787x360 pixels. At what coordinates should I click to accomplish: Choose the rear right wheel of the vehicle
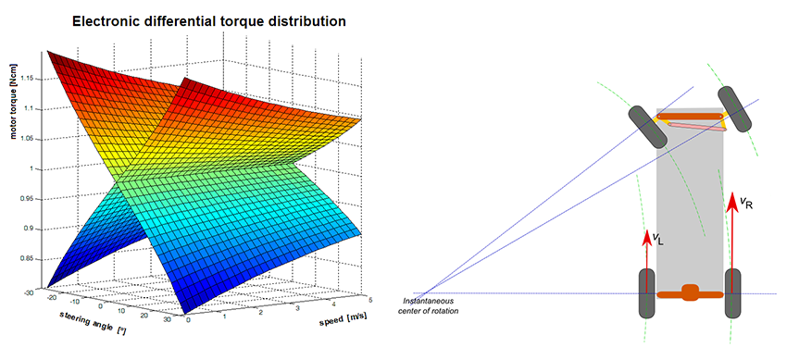(732, 293)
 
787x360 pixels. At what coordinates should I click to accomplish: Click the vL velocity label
(656, 239)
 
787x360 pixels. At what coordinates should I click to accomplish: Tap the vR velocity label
(746, 203)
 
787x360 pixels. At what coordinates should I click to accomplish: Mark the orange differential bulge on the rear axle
(689, 293)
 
